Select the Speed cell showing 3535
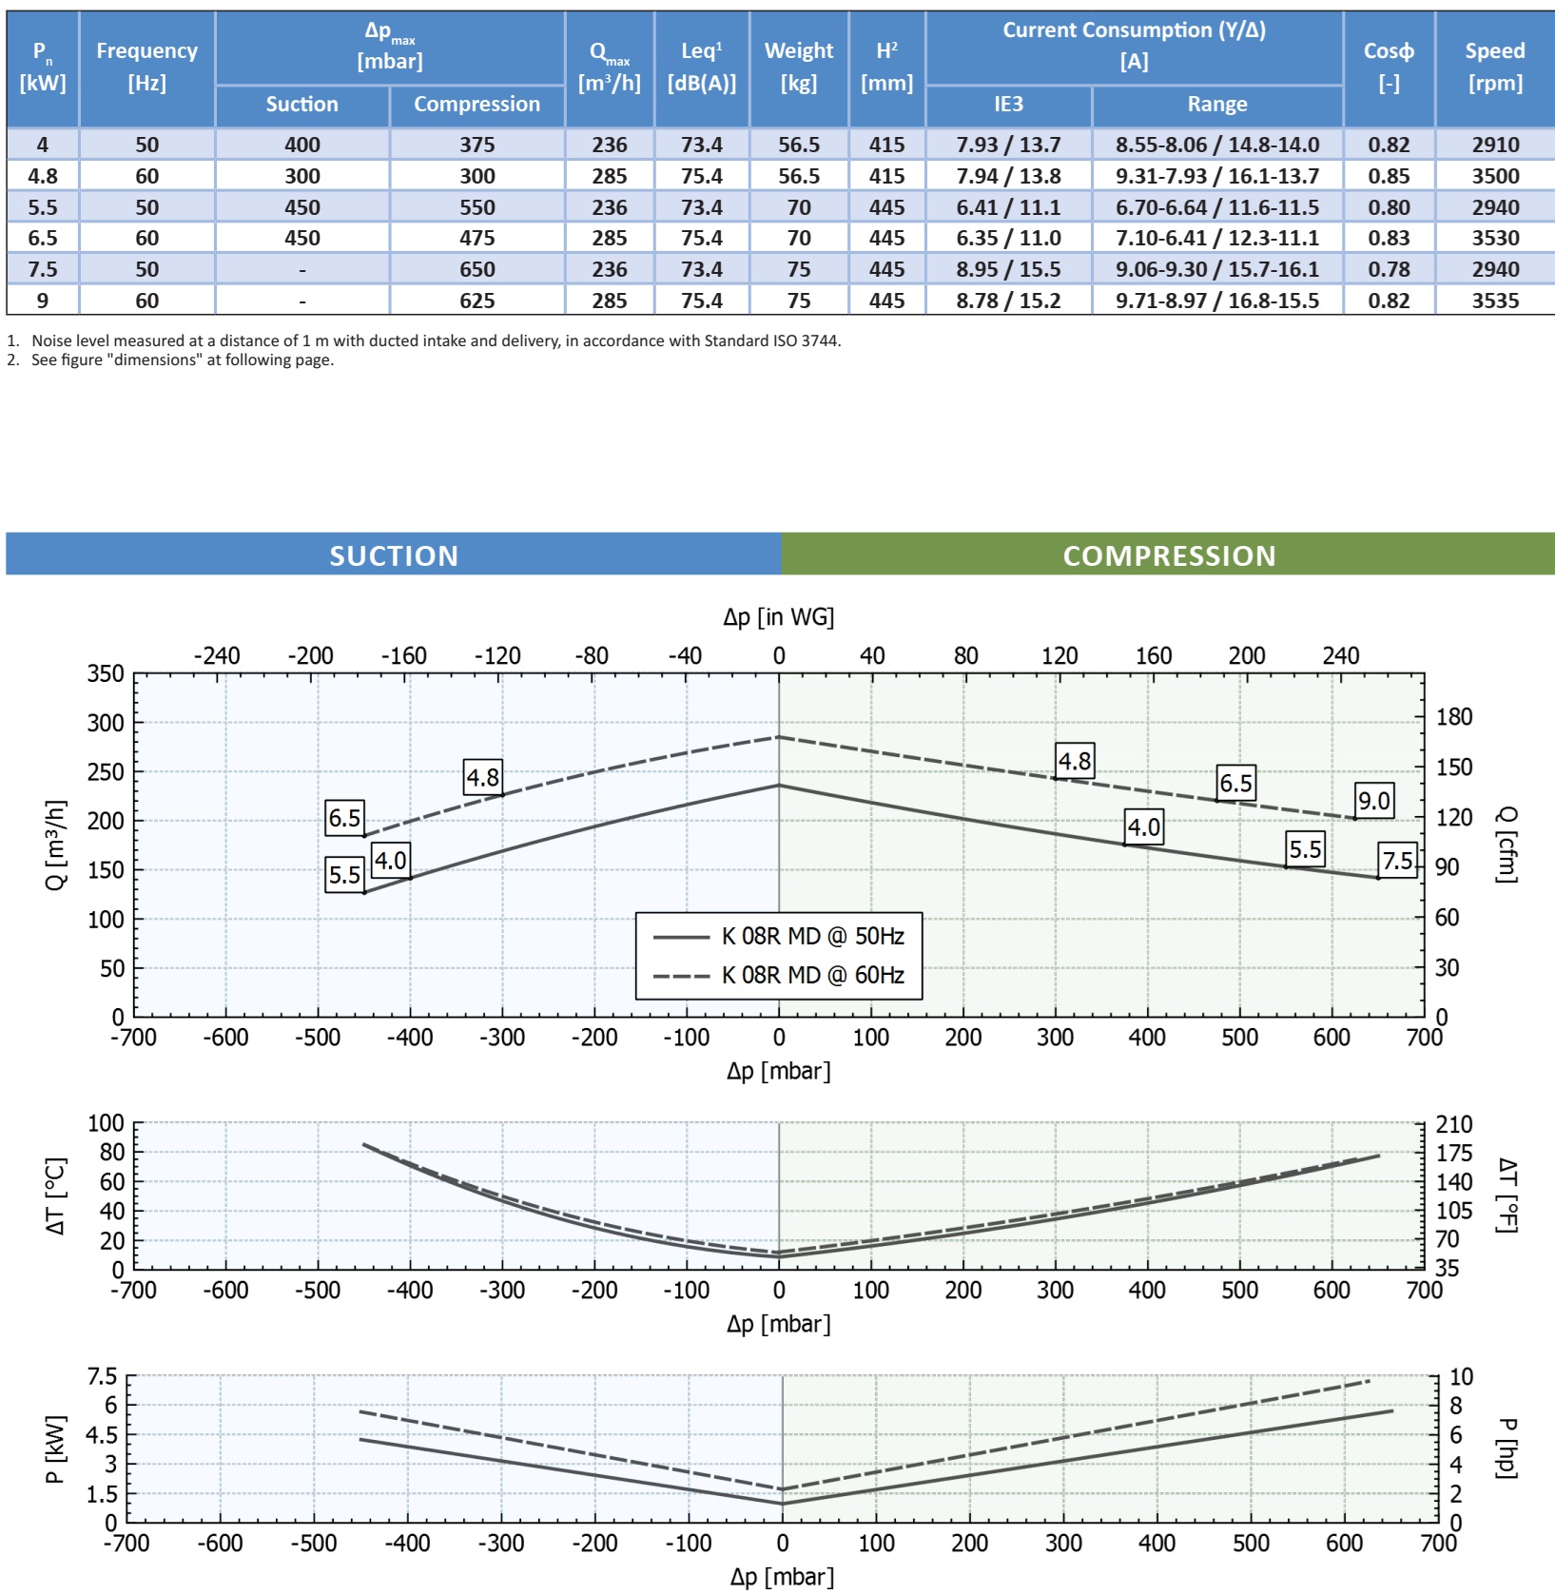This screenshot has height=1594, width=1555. pos(1495,301)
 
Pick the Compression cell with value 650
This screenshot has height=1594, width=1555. pos(476,269)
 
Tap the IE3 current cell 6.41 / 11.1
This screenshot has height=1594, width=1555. pos(1008,207)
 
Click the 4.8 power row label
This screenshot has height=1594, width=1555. pos(43,176)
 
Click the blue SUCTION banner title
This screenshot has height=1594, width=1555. pos(394,555)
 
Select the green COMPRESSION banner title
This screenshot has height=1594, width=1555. pos(1169,555)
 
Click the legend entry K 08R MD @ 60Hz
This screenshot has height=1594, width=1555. pos(812,975)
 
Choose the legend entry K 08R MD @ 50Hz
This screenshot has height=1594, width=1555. pos(812,936)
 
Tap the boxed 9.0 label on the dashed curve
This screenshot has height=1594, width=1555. pos(1373,801)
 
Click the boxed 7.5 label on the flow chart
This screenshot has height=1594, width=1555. pos(1397,861)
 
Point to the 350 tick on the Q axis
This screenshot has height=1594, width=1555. pos(106,673)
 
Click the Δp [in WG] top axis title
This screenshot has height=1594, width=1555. pos(778,617)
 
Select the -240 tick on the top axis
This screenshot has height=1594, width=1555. pos(217,655)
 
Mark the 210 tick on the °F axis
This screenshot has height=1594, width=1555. pos(1454,1124)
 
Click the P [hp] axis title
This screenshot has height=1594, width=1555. pos(1506,1448)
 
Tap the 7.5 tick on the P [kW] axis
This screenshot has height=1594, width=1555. pos(102,1376)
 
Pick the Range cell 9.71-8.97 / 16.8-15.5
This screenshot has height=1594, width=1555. pos(1217,301)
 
